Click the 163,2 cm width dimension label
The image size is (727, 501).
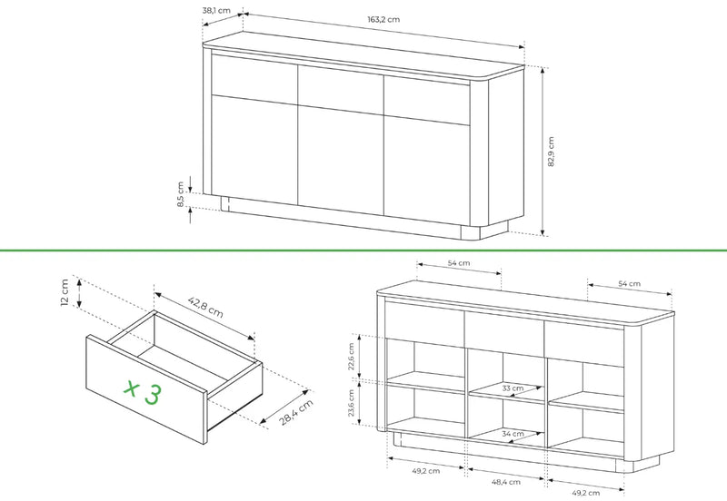pos(383,19)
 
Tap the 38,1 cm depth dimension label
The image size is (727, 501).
pos(216,10)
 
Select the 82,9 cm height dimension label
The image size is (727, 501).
pos(551,152)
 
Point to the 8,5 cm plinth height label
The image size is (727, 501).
pos(181,194)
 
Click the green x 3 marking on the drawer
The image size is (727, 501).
pos(144,392)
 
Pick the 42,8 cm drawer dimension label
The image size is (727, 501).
pos(205,307)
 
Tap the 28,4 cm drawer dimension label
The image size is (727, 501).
pos(296,412)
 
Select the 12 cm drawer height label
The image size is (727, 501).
pos(65,292)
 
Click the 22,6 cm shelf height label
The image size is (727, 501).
pos(351,356)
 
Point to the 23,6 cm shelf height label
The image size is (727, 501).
pos(351,402)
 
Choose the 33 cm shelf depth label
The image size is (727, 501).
pos(513,388)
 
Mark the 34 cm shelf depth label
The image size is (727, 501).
pos(513,434)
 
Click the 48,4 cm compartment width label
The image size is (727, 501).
pos(506,482)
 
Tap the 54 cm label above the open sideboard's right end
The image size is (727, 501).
pos(630,283)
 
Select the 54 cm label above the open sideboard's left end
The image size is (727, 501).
pos(459,263)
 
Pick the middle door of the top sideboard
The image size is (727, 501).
pos(341,161)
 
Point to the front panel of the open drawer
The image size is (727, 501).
pos(146,389)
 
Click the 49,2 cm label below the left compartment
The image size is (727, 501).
pos(426,471)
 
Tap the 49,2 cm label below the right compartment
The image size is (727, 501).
pos(585,493)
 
